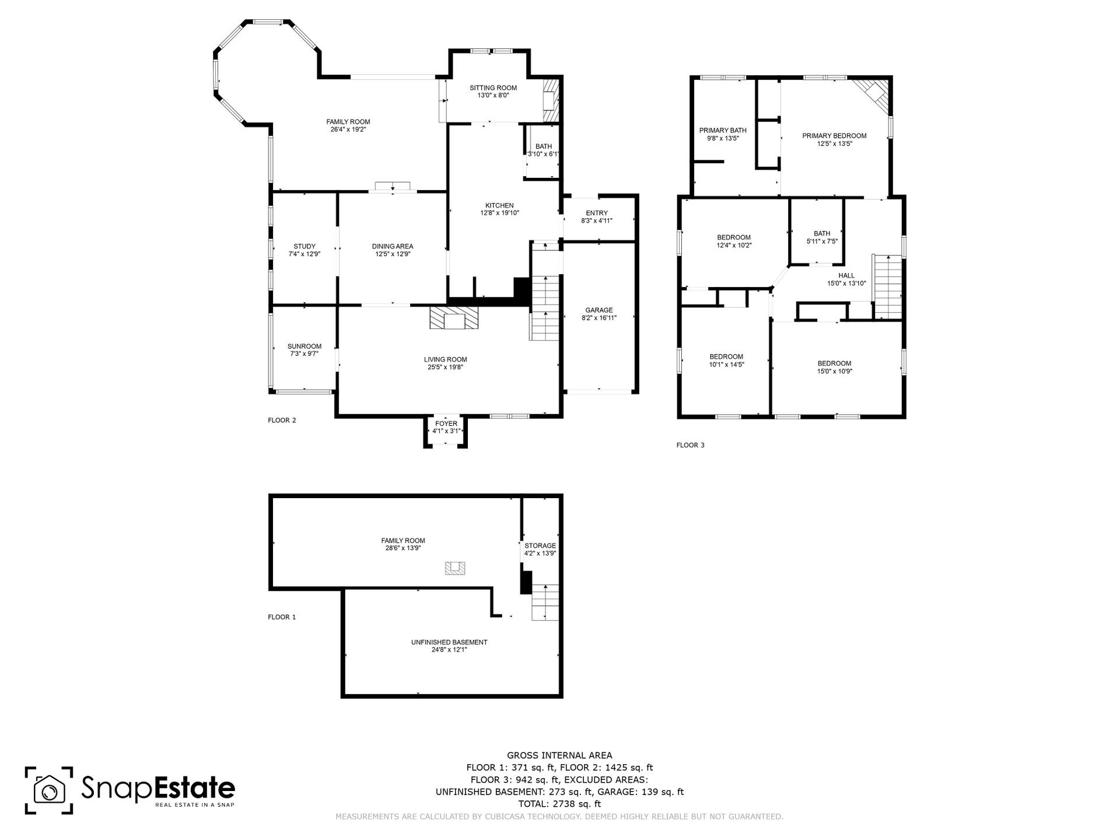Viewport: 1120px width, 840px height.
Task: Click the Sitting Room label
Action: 493,88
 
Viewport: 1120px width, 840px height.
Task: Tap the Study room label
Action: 304,246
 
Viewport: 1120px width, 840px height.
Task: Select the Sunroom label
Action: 304,346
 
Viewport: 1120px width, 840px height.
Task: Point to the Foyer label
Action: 446,423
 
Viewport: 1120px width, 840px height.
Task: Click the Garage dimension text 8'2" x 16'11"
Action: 599,318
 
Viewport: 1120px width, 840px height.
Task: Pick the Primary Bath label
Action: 723,131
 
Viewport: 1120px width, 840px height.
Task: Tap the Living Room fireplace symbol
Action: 454,318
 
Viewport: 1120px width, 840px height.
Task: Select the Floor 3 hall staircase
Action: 887,286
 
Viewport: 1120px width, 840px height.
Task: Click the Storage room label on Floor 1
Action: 540,546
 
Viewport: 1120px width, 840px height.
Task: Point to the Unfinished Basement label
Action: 449,642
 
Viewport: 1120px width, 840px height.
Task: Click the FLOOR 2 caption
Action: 282,420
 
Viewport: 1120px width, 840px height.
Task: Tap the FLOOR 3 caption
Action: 691,445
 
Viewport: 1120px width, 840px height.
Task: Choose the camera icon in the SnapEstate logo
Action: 49,790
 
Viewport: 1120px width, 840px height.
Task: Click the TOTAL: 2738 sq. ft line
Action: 560,804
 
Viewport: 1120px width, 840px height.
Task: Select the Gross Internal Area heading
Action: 560,755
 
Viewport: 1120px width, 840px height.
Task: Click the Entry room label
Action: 597,213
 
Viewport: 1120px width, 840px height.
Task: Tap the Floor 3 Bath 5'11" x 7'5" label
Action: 822,237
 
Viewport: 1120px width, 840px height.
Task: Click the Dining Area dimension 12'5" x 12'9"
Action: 393,254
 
